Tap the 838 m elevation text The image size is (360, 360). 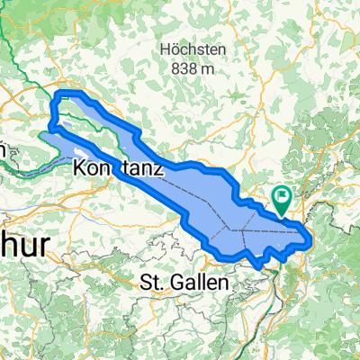(191, 67)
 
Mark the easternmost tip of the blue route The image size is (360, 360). (311, 240)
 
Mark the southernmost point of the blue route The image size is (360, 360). (261, 266)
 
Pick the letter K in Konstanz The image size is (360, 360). (79, 168)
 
